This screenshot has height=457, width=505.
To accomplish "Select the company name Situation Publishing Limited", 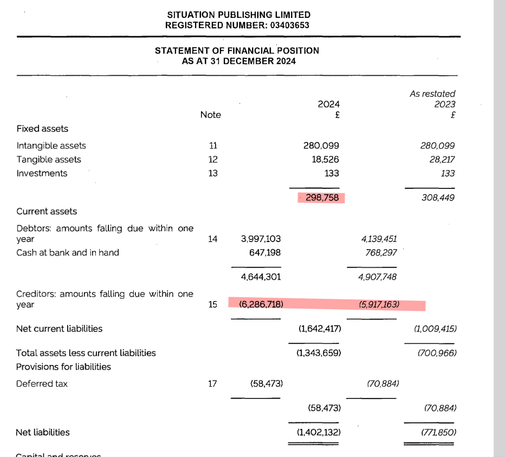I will (x=238, y=15).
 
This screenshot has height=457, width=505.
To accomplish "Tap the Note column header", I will (x=210, y=114).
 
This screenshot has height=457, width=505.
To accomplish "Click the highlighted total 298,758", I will (x=322, y=198).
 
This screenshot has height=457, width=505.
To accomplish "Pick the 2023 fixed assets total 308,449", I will (x=438, y=198).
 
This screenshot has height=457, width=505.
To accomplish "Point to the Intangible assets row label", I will (x=51, y=146).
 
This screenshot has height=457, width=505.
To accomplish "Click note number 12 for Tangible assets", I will (x=213, y=159).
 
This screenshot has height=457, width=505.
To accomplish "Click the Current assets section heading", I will (x=47, y=211).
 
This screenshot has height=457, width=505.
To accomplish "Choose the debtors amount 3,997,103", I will (x=261, y=238).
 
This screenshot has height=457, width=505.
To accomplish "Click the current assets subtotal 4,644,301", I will (x=261, y=277).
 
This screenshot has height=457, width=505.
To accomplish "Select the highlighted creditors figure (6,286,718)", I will (x=261, y=304).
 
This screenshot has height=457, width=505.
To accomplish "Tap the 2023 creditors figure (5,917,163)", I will (x=379, y=304).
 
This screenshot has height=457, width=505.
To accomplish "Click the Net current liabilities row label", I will (x=59, y=328).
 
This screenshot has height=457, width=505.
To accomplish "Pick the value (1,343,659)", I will (x=318, y=353).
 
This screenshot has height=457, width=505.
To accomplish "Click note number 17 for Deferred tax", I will (x=213, y=383).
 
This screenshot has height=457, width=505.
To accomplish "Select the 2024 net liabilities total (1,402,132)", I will (x=318, y=432).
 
